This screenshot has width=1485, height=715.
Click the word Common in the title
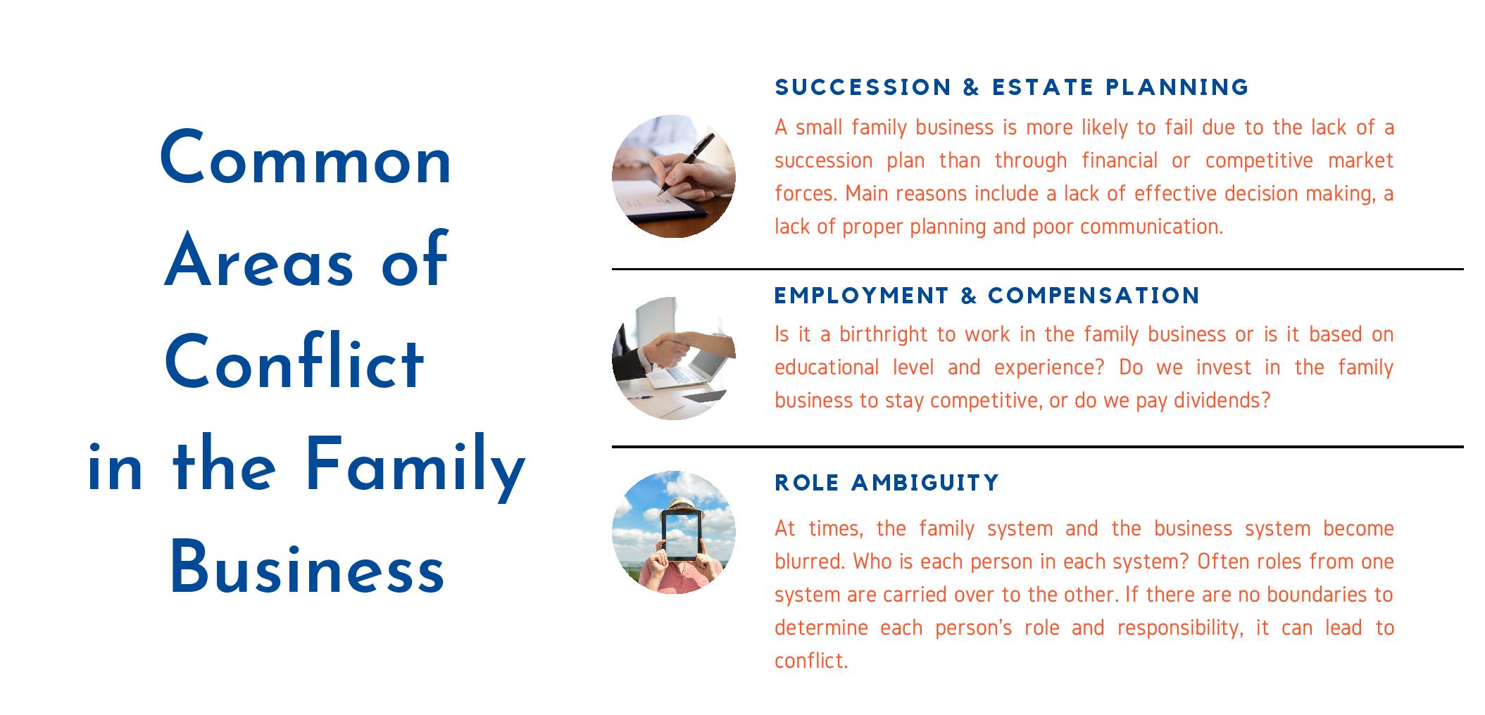[x=306, y=159]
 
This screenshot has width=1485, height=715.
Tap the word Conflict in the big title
[x=294, y=363]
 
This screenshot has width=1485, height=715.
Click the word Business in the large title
[x=307, y=568]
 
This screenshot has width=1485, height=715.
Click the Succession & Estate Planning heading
[x=1012, y=87]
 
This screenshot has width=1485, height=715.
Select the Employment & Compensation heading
[x=987, y=296]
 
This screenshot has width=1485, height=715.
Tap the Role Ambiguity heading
[x=887, y=483]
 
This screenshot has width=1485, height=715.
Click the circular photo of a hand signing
[x=674, y=176]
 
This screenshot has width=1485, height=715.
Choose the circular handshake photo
[x=674, y=358]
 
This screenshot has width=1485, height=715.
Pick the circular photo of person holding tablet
[x=674, y=532]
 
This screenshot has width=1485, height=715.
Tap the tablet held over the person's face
[x=682, y=535]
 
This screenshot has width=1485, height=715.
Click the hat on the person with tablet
[x=682, y=503]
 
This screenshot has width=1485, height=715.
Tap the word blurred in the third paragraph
[x=810, y=562]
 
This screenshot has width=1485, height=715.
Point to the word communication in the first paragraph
[x=1151, y=227]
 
